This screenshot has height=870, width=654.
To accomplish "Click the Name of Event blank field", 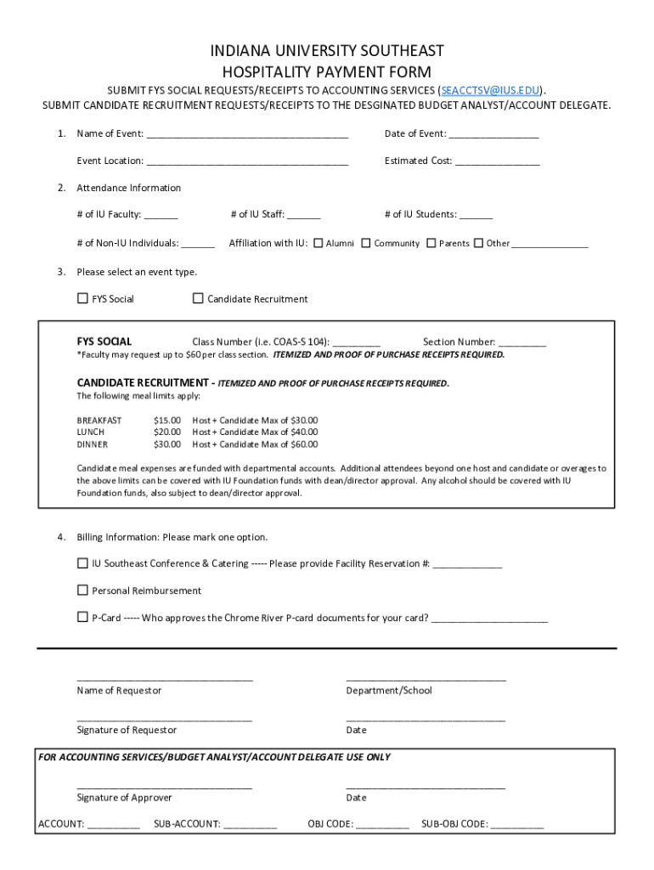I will [x=246, y=135].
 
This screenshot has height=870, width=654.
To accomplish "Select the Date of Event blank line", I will [x=493, y=135].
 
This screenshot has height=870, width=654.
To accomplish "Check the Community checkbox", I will [x=366, y=243].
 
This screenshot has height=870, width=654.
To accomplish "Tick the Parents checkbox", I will [x=431, y=243].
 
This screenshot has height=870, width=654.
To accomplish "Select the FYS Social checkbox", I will [x=82, y=298].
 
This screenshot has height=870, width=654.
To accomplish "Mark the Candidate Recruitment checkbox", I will [x=198, y=298].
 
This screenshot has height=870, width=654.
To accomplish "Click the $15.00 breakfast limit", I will [x=167, y=421].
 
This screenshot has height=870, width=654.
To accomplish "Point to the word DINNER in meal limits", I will [x=93, y=444].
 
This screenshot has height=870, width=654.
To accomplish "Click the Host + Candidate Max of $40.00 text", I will [x=255, y=432].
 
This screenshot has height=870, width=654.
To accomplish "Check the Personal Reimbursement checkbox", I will [x=82, y=590].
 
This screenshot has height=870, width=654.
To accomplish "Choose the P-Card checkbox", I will [x=82, y=618].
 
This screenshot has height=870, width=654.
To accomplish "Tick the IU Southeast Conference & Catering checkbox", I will [x=82, y=563].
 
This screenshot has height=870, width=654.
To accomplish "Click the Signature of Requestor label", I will [x=127, y=730].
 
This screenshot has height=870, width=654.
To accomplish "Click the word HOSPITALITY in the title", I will [x=270, y=72].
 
